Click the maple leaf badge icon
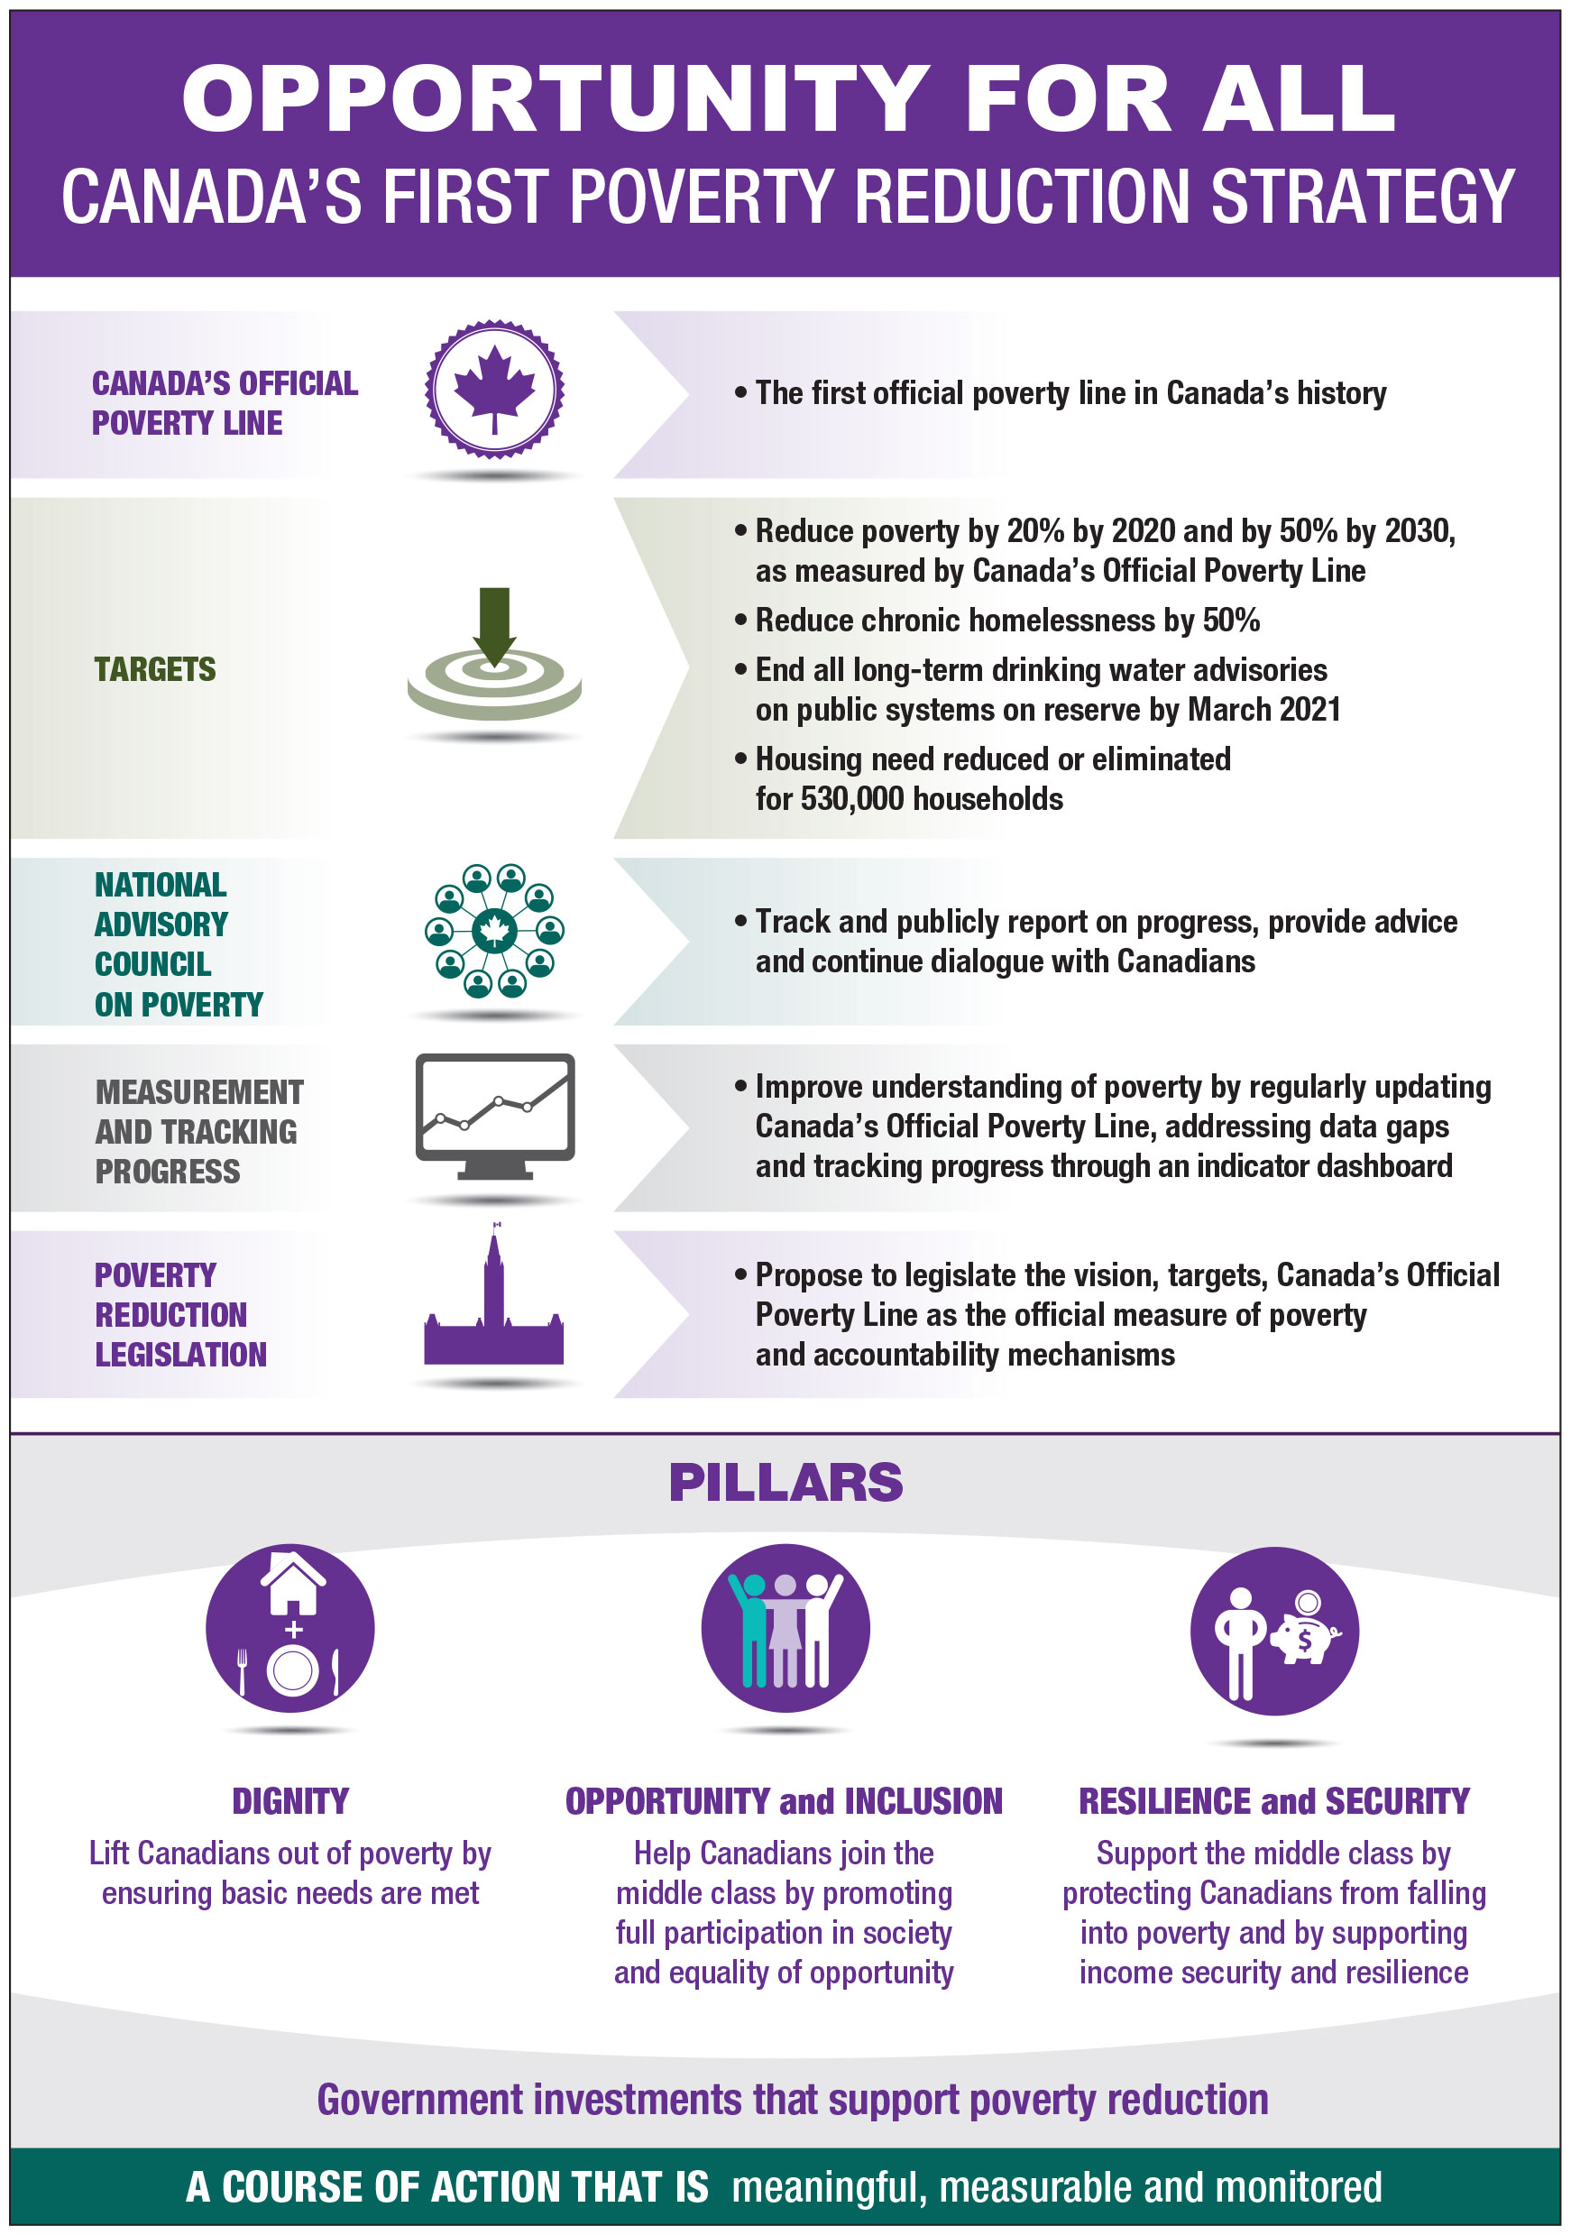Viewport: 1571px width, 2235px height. coord(494,390)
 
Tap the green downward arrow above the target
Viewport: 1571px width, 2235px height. coord(494,623)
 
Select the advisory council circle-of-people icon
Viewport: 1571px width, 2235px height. coord(494,932)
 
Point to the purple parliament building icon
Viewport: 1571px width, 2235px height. coord(494,1310)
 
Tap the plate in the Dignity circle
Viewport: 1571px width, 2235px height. coord(293,1670)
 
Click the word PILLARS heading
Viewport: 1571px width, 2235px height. coord(785,1484)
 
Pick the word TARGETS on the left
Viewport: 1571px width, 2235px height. coord(155,670)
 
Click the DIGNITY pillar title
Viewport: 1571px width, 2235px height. coord(290,1802)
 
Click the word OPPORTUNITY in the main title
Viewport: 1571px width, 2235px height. coord(555,99)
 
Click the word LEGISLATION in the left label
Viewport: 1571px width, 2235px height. coord(181,1355)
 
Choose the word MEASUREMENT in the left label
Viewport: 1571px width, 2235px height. coord(199,1092)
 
